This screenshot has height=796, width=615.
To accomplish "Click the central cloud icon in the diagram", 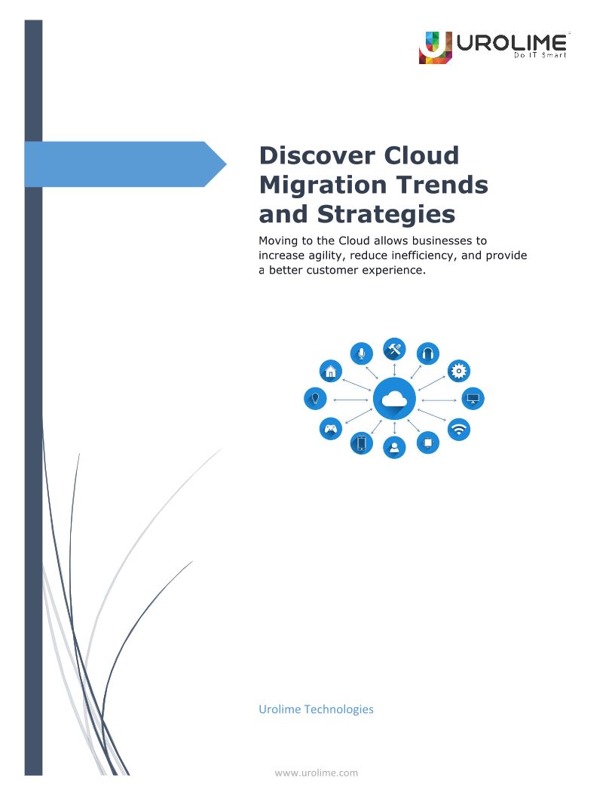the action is click(x=394, y=399).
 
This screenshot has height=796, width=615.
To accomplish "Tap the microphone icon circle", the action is click(x=361, y=353).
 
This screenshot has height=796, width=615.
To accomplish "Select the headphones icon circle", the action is click(x=428, y=354).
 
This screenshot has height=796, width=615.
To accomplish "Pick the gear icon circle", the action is click(x=459, y=371).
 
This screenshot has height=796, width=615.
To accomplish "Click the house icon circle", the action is click(x=331, y=371).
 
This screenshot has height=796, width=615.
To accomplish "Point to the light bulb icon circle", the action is click(x=315, y=398).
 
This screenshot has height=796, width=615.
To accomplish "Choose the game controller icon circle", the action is click(x=330, y=428).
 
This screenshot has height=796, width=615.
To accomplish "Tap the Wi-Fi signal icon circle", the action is click(x=459, y=430).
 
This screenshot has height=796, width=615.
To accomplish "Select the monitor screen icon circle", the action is click(x=473, y=399).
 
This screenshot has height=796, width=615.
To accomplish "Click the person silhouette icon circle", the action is click(x=394, y=447).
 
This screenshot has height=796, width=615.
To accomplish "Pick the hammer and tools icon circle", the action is click(x=394, y=349).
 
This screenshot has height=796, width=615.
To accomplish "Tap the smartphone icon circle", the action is click(x=361, y=443).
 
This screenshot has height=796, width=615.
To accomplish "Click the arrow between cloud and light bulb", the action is click(x=350, y=400).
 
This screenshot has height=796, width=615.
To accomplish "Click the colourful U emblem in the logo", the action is click(x=435, y=47).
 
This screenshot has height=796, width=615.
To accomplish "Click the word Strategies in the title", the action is click(x=386, y=214).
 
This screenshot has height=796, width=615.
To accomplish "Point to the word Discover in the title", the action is click(x=317, y=155).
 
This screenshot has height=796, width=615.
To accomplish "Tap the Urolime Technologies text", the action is click(x=316, y=709).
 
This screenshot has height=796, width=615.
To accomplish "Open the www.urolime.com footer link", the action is click(x=316, y=773).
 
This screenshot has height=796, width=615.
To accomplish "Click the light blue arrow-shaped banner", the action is click(x=125, y=164).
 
